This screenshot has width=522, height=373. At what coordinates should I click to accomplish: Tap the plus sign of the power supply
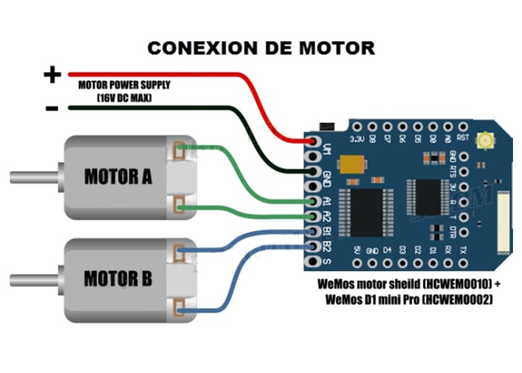(x=51, y=75)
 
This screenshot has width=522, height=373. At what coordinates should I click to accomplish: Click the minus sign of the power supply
(x=51, y=109)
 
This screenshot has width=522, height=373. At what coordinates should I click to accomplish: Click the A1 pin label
(x=327, y=201)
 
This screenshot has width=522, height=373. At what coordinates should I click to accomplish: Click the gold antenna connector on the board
(x=488, y=140)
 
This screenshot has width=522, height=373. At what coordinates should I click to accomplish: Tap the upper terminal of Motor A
(x=179, y=148)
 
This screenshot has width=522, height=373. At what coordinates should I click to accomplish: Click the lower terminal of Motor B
(x=179, y=308)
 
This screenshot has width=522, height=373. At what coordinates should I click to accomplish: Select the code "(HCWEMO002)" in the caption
(x=455, y=299)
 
